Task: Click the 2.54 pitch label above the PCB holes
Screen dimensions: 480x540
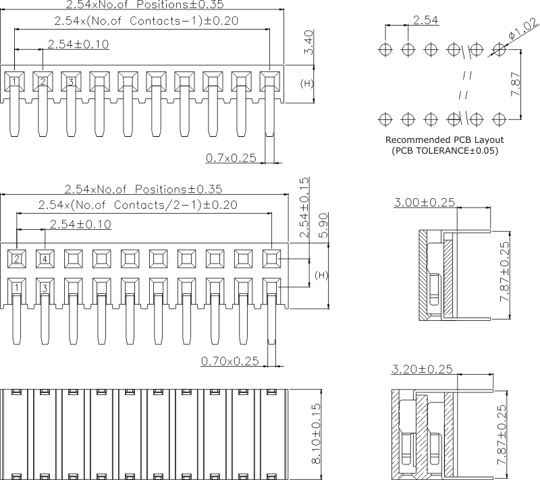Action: coord(426,20)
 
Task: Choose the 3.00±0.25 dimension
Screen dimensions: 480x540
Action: coord(424,202)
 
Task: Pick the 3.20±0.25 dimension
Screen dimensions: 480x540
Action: coord(423,369)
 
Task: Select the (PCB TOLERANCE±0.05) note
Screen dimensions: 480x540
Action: coord(445,151)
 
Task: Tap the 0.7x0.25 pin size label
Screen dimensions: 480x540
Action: coord(230,157)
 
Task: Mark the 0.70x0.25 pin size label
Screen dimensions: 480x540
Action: coord(230,361)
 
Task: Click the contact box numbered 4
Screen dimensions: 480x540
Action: coord(45,258)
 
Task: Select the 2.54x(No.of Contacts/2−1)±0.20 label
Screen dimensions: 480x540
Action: coord(138,204)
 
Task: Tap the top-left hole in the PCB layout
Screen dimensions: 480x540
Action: coord(385,49)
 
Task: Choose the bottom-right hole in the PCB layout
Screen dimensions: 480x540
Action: coord(500,119)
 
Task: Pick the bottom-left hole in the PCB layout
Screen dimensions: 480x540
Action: coord(385,119)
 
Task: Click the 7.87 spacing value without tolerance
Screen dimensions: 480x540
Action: coord(516,84)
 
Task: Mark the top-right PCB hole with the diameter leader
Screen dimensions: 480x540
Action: coord(500,49)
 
